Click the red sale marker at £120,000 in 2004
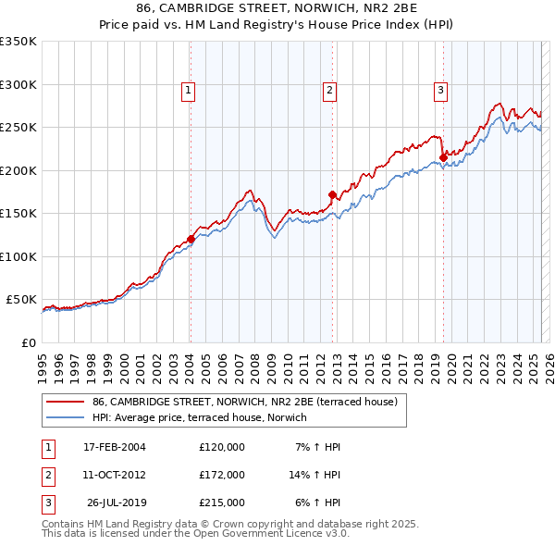click(x=191, y=239)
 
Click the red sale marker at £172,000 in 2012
click(x=332, y=194)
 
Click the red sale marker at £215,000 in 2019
click(x=443, y=157)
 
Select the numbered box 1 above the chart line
click(x=188, y=91)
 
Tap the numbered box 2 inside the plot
click(x=329, y=91)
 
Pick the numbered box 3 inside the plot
click(x=440, y=91)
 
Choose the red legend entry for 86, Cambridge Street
click(x=244, y=402)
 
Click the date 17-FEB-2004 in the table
click(x=115, y=447)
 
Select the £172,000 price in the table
click(x=222, y=475)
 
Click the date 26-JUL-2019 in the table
click(x=115, y=503)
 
